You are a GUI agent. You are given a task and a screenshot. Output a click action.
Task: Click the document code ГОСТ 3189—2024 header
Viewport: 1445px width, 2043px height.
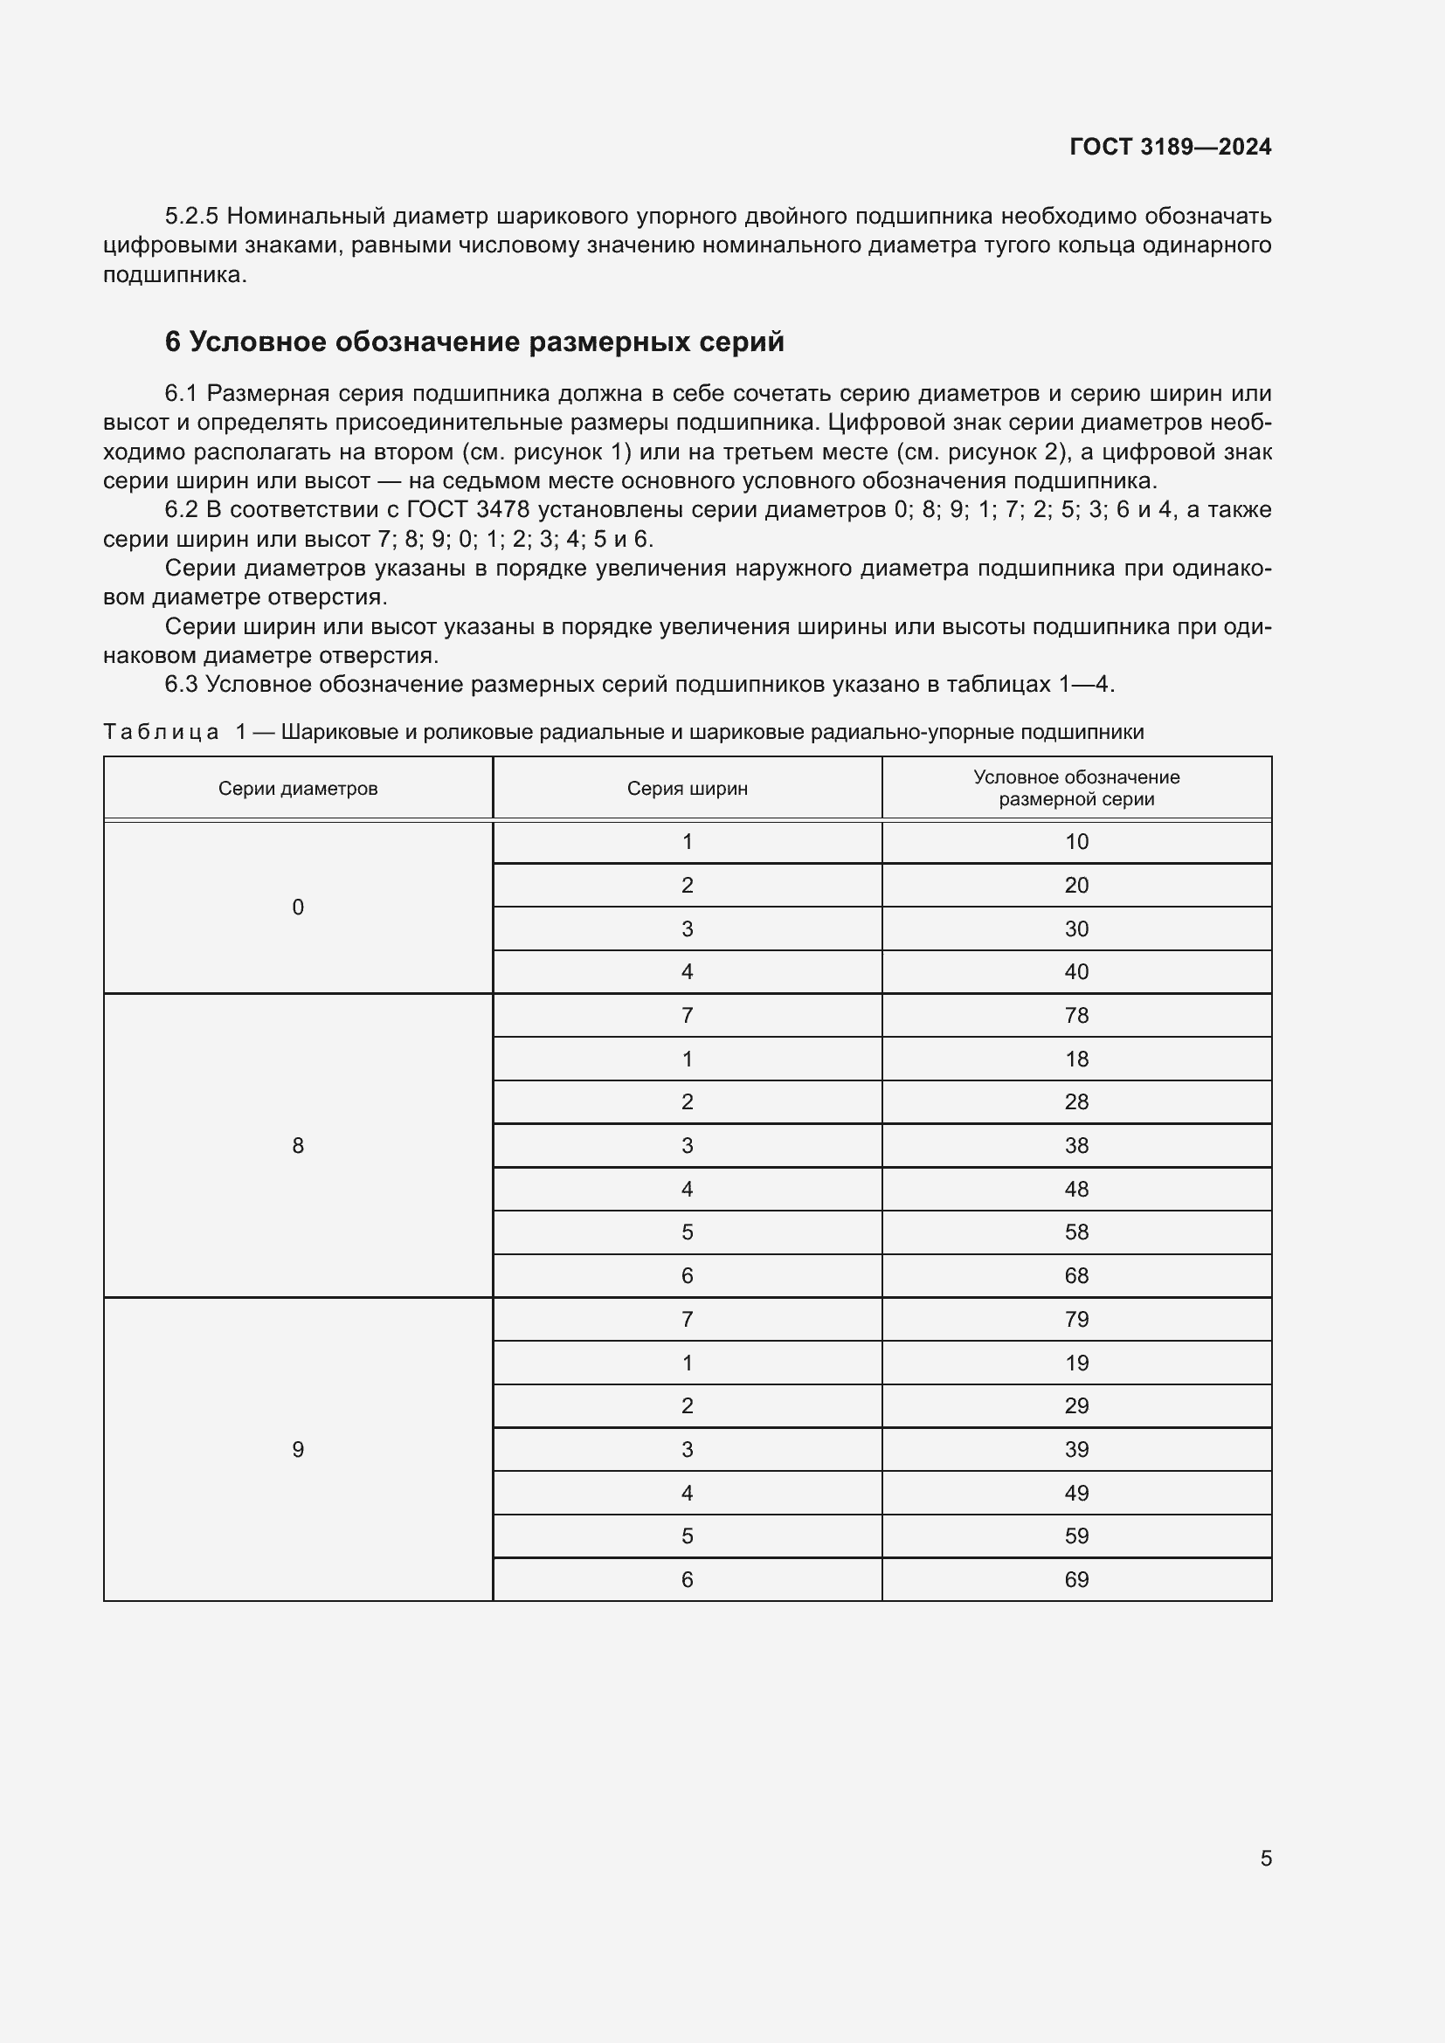pyautogui.click(x=1169, y=147)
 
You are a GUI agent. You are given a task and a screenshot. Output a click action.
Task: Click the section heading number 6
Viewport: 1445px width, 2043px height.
pyautogui.click(x=173, y=342)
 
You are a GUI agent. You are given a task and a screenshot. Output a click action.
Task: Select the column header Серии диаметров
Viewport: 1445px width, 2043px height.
pyautogui.click(x=298, y=789)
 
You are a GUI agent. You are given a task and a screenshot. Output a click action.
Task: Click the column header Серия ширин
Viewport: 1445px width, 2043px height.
pyautogui.click(x=687, y=789)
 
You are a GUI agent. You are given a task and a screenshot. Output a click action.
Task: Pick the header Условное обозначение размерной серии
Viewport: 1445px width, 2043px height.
pyautogui.click(x=1075, y=789)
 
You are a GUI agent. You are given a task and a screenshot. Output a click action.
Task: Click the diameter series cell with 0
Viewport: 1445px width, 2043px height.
pyautogui.click(x=298, y=907)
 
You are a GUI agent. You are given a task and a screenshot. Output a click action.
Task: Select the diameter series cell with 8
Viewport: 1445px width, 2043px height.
pyautogui.click(x=298, y=1145)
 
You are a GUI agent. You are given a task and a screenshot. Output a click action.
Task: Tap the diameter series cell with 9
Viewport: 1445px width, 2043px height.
pyautogui.click(x=298, y=1450)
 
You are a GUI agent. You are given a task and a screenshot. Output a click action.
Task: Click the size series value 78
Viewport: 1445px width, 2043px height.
pyautogui.click(x=1075, y=1015)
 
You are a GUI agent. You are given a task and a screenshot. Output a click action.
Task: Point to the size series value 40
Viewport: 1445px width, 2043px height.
pyautogui.click(x=1075, y=971)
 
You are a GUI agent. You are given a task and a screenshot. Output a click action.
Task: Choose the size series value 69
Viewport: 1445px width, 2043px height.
pyautogui.click(x=1075, y=1579)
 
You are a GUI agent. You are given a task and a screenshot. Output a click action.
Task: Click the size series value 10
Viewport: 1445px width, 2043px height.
pyautogui.click(x=1075, y=842)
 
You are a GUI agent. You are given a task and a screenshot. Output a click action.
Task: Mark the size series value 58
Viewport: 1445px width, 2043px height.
pyautogui.click(x=1075, y=1232)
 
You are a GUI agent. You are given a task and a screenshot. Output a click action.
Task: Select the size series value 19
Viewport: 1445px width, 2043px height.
pyautogui.click(x=1075, y=1363)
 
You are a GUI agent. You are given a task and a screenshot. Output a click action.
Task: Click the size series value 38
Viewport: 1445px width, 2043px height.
pyautogui.click(x=1075, y=1145)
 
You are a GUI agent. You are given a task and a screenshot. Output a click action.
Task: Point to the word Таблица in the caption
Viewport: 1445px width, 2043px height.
pyautogui.click(x=161, y=732)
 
